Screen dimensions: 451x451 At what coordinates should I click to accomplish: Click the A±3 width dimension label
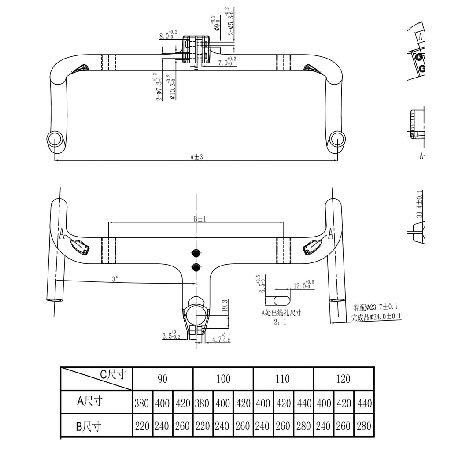pos(196,157)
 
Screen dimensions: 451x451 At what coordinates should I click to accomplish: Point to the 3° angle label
pos(115,279)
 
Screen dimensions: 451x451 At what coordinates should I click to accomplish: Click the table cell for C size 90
pos(163,379)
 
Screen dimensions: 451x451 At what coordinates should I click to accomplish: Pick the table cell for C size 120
pos(343,379)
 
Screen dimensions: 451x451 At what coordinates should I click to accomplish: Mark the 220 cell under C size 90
pos(142,426)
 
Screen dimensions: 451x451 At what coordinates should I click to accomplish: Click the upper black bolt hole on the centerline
pos(196,253)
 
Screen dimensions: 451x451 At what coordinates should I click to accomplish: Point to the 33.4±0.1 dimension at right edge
pos(420,204)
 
